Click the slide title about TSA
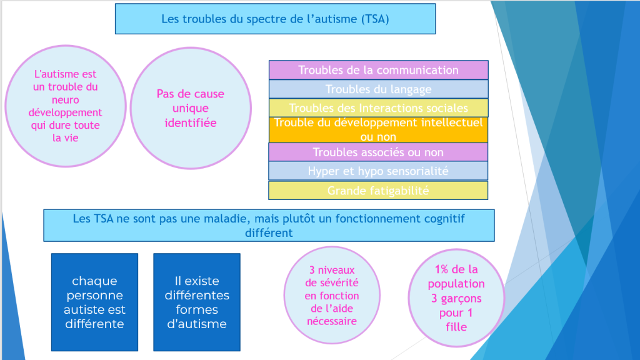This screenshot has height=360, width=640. coord(276,19)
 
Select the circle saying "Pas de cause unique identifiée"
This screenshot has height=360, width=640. coord(191,108)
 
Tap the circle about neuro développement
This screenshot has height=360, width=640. coord(65,106)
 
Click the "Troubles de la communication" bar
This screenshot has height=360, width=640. coord(378,70)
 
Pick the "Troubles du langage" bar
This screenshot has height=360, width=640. coord(378,89)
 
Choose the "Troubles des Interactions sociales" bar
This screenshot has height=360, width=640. coord(378,108)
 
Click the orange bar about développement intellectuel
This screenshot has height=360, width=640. coord(378,130)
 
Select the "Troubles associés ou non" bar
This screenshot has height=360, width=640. coord(378,152)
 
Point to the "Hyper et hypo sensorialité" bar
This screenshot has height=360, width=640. coord(378,171)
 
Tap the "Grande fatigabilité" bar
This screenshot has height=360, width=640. coord(378,191)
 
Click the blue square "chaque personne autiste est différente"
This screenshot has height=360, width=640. coord(95,302)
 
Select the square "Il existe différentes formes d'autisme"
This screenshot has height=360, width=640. coord(197,302)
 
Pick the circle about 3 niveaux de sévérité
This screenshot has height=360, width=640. coord(332,295)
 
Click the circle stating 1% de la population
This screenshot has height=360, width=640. coord(456,298)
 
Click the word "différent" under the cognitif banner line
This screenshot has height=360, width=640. coord(269,233)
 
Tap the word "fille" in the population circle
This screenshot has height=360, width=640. coord(456,327)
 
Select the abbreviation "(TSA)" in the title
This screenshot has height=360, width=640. coord(375,19)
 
